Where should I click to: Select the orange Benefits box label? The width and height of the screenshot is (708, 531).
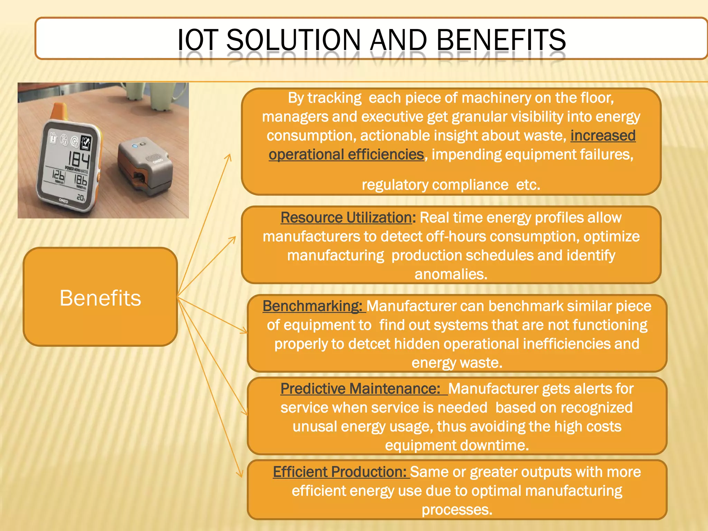point(100,298)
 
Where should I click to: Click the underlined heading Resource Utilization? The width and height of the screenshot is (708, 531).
point(346,218)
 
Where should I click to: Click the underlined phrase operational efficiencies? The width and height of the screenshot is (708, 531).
point(346,155)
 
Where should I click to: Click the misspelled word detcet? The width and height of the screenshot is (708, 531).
point(369,344)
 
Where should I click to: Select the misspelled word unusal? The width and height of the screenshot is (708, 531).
point(315,427)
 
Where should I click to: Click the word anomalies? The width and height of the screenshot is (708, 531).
point(450,274)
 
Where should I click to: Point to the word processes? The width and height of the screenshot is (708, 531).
point(457,510)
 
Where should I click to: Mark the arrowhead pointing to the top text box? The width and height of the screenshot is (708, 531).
point(229,157)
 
